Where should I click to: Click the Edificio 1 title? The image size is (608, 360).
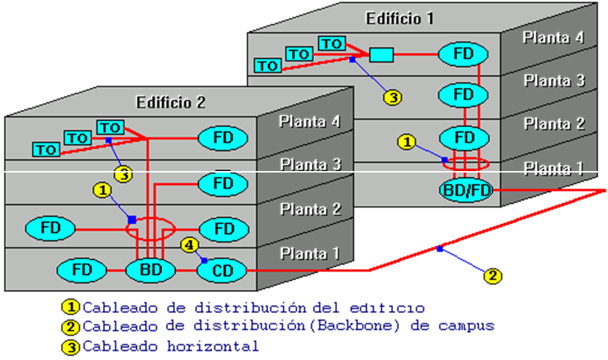click(400, 18)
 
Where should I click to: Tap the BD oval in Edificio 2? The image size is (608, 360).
click(150, 270)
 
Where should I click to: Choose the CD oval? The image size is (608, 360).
click(222, 270)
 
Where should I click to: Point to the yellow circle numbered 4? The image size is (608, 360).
click(190, 244)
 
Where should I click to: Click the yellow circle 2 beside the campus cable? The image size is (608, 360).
click(491, 276)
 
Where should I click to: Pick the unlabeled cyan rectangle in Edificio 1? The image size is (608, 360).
click(382, 55)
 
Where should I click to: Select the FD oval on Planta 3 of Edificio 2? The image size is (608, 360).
click(222, 183)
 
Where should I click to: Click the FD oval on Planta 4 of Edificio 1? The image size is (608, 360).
click(463, 54)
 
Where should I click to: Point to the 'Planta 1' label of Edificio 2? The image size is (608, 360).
click(311, 254)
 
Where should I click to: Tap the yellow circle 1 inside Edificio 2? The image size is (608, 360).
click(102, 190)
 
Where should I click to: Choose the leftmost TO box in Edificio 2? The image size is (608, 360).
click(46, 150)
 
